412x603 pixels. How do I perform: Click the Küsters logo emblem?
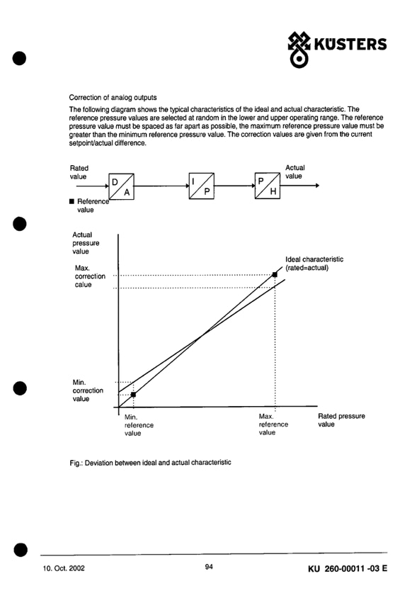pos(299,50)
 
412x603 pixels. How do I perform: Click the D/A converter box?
pos(122,186)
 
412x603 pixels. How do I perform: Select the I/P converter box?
pos(201,186)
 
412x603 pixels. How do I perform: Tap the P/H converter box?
pos(268,186)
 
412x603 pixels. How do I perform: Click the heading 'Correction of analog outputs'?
pos(113,97)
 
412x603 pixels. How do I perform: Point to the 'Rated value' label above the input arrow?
pos(79,172)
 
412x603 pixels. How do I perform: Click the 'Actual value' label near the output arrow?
pos(294,171)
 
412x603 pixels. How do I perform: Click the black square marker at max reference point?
pos(275,275)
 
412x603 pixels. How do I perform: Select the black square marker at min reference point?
pos(133,395)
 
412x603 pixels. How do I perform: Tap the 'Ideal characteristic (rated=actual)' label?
pos(314,264)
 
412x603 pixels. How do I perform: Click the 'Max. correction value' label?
pos(90,276)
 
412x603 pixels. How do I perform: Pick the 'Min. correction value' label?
pos(88,390)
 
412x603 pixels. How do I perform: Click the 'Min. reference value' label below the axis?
pos(139,425)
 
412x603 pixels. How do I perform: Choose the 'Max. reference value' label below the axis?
pos(273,424)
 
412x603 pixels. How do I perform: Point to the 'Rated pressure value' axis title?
pos(341,420)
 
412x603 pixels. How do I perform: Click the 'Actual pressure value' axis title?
pos(86,243)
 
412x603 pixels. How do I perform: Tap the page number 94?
pos(209,566)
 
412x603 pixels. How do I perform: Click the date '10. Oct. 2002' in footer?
pos(64,568)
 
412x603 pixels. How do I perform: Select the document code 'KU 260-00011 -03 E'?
pos(348,568)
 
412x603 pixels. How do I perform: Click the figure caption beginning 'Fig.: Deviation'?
pos(150,463)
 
